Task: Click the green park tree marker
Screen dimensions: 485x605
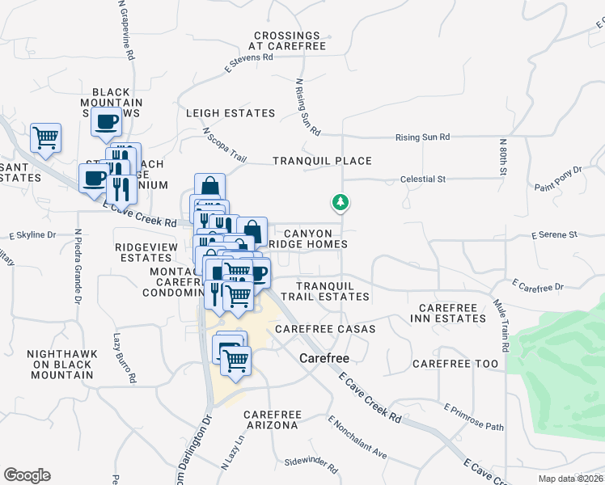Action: coord(341,202)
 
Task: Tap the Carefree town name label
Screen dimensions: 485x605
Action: coord(324,357)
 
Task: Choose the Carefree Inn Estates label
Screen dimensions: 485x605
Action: coord(452,314)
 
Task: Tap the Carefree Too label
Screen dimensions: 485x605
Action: coord(455,364)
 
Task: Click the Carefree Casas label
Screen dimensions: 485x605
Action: coord(325,329)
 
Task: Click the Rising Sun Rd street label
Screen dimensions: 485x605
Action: coord(422,137)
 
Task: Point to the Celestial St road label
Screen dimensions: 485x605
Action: coord(423,179)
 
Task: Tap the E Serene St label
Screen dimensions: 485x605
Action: coord(554,235)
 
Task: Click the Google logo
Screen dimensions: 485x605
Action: coord(27,475)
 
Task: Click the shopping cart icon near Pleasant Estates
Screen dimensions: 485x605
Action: coord(46,137)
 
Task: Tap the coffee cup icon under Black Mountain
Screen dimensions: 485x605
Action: coord(106,122)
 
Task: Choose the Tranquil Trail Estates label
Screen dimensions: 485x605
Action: coord(332,291)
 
